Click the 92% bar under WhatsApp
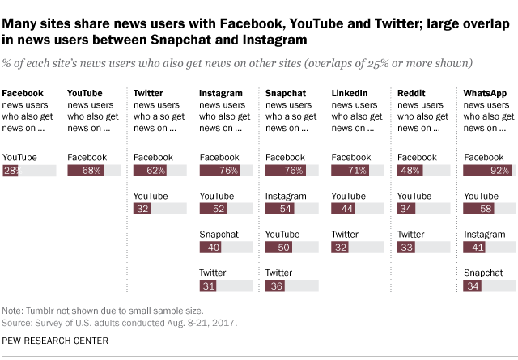pos(487,171)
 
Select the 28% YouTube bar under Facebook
pos(11,171)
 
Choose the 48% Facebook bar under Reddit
pos(410,171)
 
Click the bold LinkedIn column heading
pos(350,95)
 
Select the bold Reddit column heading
pos(411,95)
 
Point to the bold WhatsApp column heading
pos(485,95)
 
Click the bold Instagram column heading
pos(221,95)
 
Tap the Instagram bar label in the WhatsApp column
pos(483,234)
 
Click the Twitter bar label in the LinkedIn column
pos(345,234)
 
